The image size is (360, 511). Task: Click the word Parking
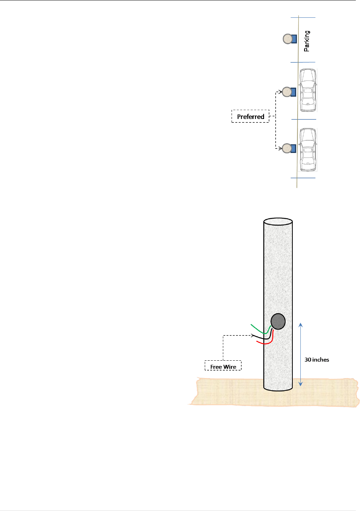click(307, 41)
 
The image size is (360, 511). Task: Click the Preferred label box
click(250, 116)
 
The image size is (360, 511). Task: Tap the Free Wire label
click(223, 366)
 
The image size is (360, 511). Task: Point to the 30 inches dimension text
click(317, 360)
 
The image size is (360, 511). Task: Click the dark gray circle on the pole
click(278, 321)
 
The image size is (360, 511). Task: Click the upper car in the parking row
click(308, 90)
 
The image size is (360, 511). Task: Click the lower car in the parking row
click(308, 150)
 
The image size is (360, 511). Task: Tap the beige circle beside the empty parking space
click(287, 39)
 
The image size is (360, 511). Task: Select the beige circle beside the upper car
click(287, 92)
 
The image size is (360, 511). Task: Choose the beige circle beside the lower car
click(287, 148)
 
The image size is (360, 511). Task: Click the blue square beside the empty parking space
click(294, 39)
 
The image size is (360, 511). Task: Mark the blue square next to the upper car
click(293, 92)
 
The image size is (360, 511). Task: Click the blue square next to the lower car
click(293, 148)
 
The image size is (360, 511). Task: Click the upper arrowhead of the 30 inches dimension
click(300, 325)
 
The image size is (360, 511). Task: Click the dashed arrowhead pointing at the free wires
click(252, 335)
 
